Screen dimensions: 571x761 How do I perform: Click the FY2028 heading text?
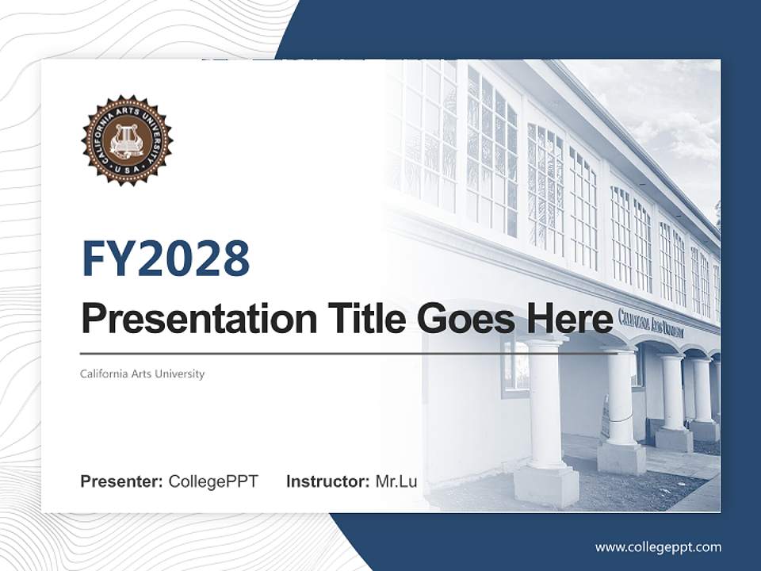(166, 259)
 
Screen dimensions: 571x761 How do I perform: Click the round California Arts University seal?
(127, 140)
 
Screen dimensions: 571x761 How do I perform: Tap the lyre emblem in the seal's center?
(127, 140)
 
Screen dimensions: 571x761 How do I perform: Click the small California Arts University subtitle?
(142, 374)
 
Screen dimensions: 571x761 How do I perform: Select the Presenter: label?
(122, 481)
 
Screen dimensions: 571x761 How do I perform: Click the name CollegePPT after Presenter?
(213, 481)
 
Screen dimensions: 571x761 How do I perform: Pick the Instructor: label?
(327, 481)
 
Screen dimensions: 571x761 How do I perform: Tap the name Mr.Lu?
(396, 481)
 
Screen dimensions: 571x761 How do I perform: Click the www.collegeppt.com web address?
(658, 546)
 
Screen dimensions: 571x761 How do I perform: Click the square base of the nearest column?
(546, 485)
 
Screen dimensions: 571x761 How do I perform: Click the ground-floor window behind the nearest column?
(516, 369)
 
